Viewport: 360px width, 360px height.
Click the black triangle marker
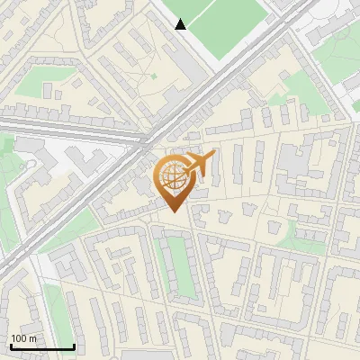tap(181, 24)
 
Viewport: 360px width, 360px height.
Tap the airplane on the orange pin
tap(199, 164)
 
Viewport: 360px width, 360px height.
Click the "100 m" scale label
tap(23, 338)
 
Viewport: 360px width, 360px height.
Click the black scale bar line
tap(41, 346)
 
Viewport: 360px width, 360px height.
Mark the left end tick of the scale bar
tap(10, 346)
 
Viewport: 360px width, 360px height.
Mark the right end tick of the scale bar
tap(74, 346)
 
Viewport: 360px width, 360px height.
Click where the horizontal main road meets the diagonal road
tap(144, 139)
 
